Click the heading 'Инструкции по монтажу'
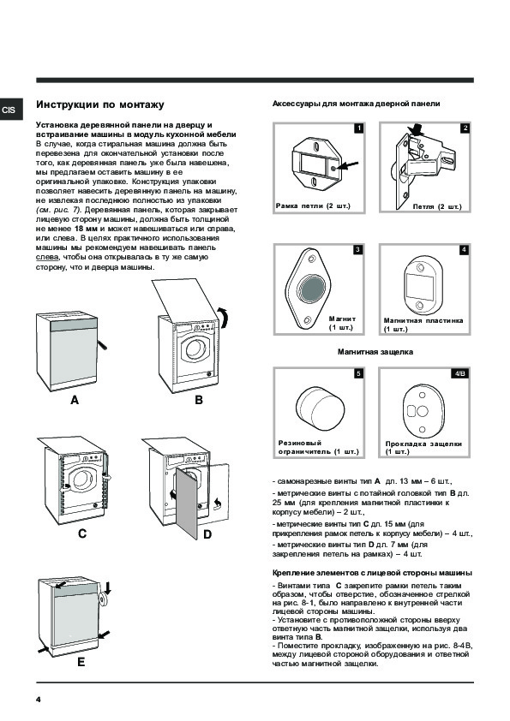(x=100, y=104)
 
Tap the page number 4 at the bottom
(x=39, y=700)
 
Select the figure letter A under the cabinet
(x=75, y=400)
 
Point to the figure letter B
(x=199, y=400)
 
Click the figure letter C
(x=82, y=533)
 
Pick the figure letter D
(x=207, y=534)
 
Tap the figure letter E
(x=81, y=662)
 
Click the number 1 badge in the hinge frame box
(x=358, y=128)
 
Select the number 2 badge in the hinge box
(x=465, y=128)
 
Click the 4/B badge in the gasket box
(x=460, y=373)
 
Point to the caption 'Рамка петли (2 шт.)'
(x=313, y=206)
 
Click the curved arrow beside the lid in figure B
(x=224, y=318)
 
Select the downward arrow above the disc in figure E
(x=108, y=587)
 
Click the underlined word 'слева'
(x=47, y=257)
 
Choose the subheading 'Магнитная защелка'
(x=375, y=352)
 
